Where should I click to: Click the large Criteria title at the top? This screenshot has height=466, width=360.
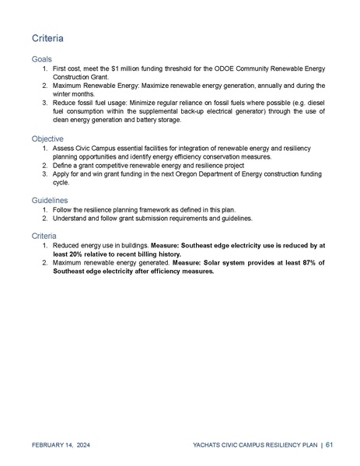pos(47,38)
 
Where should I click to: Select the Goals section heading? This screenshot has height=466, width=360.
pos(42,59)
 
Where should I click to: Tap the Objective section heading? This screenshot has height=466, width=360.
pos(47,138)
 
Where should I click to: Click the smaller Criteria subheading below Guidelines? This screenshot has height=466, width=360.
pos(45,235)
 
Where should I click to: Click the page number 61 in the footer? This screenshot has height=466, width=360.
pos(330,445)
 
